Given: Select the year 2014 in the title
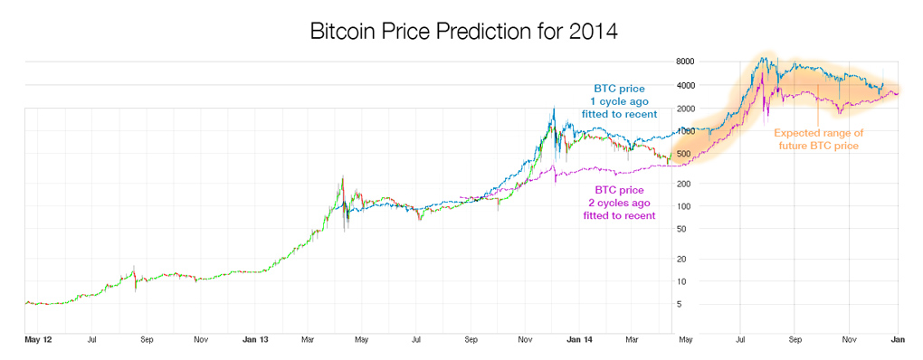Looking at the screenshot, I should [594, 32].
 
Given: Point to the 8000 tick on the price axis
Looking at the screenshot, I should [684, 62].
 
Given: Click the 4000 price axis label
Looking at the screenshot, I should [684, 85].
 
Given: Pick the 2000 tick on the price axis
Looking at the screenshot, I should [684, 109].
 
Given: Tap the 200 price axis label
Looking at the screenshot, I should [686, 184].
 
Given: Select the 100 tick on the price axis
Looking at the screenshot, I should [686, 207].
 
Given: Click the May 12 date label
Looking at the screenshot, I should [38, 341].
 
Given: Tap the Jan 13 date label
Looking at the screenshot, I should [256, 341].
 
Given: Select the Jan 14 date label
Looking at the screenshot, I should [578, 341].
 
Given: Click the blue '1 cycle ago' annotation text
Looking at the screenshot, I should [620, 101].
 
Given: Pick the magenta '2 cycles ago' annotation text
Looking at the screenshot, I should [620, 203].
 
